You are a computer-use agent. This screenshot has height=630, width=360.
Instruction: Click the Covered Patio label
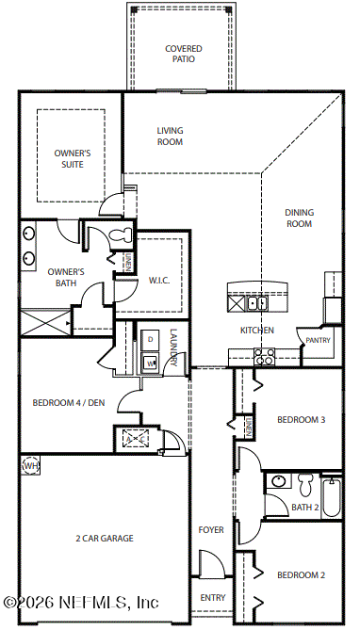184,54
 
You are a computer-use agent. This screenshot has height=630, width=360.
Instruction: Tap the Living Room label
170,137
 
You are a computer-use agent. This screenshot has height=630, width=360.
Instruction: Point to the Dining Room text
300,218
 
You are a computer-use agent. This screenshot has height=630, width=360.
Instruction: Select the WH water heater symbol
30,465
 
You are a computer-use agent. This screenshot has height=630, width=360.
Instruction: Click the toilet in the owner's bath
122,234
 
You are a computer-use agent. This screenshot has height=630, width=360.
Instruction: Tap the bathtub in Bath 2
332,497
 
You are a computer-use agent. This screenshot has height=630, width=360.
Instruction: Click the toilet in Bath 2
305,485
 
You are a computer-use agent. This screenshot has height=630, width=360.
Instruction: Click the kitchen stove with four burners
264,357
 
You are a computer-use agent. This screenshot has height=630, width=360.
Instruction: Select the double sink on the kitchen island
257,303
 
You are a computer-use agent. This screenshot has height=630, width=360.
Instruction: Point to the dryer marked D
150,340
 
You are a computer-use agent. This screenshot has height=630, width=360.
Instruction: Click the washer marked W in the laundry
150,363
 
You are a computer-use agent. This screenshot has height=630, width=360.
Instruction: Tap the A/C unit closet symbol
135,439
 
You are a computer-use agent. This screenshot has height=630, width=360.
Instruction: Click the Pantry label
318,340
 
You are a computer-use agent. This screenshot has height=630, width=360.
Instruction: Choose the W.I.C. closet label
159,281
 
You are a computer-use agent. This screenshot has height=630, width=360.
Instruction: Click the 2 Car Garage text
105,539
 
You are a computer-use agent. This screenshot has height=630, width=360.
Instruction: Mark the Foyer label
211,530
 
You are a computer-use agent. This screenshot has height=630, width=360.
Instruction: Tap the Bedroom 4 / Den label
69,403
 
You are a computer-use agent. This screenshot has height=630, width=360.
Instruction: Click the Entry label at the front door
213,598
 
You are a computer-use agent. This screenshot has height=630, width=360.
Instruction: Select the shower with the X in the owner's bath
45,323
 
